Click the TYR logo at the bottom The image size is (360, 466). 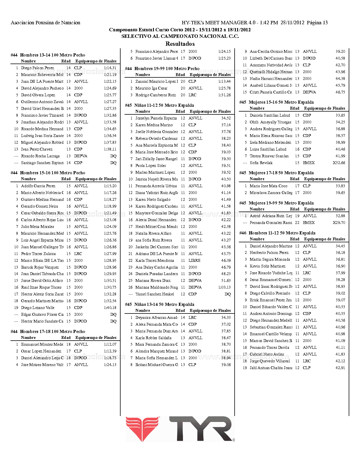click(180, 429)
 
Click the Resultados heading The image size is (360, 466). click(180, 44)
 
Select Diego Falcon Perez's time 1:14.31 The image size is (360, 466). click(110, 68)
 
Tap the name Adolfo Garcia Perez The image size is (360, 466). click(38, 186)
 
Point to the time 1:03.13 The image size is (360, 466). click(224, 288)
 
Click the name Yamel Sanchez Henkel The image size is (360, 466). click(154, 294)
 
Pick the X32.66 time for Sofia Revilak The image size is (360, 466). click(339, 163)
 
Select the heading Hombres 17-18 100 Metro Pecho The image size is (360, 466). click(53, 332)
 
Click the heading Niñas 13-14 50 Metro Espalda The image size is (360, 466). click(164, 304)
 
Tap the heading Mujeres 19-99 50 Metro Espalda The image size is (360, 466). click(281, 203)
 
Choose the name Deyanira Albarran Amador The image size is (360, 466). click(156, 318)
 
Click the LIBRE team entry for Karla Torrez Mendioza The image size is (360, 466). click(194, 260)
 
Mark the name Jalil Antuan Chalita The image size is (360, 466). click(270, 368)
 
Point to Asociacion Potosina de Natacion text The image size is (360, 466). click(45, 23)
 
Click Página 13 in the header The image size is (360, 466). click(317, 23)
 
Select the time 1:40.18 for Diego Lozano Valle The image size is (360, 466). click(110, 308)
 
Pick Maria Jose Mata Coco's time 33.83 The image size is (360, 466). click(340, 186)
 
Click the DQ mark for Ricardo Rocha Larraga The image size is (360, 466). click(113, 156)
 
